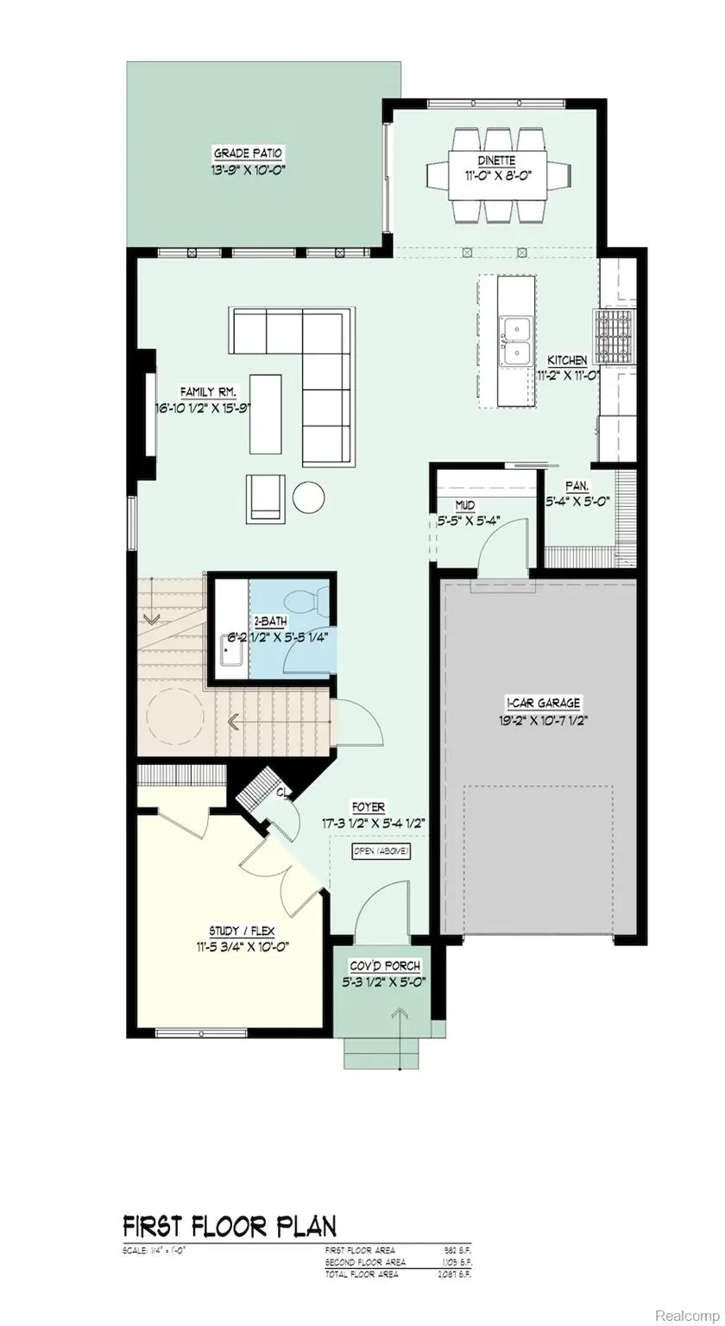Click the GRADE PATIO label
pos(249,154)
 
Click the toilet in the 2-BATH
pos(309,601)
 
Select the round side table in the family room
pos(308,497)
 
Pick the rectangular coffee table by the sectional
pos(266,414)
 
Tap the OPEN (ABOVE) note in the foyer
pos(381,851)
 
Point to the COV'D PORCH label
pos(385,965)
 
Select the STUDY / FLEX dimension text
pos(248,945)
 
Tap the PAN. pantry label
pos(577,487)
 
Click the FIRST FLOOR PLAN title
pos(230,1225)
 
